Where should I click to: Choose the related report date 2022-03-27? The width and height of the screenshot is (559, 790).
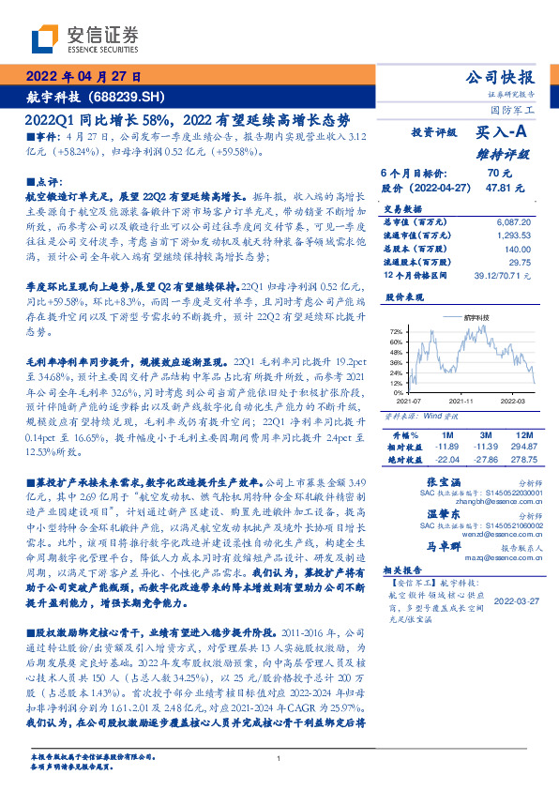click(515, 601)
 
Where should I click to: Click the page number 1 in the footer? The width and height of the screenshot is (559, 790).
click(279, 758)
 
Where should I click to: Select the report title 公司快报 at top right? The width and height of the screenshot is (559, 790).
click(500, 77)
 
